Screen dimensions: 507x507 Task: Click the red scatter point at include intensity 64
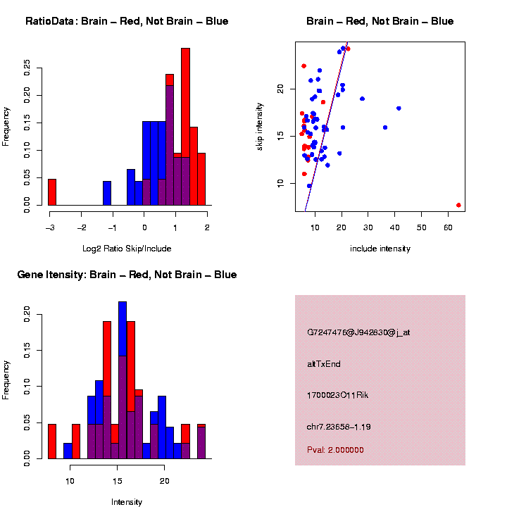[458, 205]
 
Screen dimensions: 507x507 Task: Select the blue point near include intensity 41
[399, 108]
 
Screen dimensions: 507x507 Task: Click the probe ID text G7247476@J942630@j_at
[358, 332]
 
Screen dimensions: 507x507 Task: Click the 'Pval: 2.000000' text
[335, 449]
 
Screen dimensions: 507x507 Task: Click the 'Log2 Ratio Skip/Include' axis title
[127, 248]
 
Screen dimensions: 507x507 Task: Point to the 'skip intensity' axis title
[259, 126]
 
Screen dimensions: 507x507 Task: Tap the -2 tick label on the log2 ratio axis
[82, 227]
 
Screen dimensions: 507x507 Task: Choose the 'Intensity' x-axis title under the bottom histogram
[127, 501]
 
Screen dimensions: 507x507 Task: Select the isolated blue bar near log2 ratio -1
[107, 194]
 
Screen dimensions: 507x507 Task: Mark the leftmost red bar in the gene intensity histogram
[52, 442]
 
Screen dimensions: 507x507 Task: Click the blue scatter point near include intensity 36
[385, 127]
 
